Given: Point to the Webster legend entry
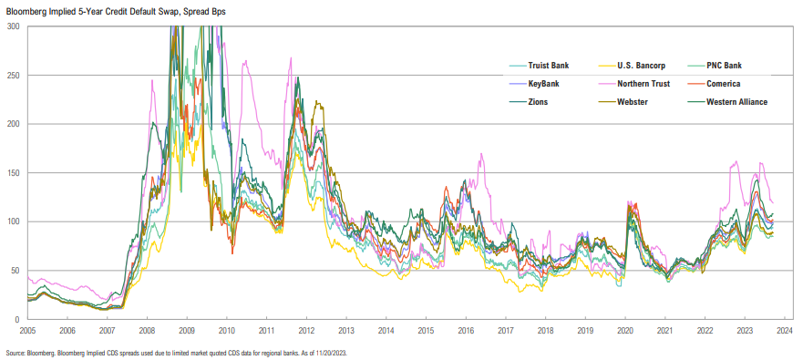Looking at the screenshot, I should (x=633, y=101).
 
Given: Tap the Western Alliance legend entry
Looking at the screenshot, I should (x=737, y=101).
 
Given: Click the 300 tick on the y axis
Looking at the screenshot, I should (x=13, y=26).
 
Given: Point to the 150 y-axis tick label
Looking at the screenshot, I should (x=13, y=173).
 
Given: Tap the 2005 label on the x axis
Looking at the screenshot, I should (x=28, y=332).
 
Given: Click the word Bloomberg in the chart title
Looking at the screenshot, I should (x=28, y=10).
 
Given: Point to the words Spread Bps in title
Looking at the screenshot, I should (x=200, y=10).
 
